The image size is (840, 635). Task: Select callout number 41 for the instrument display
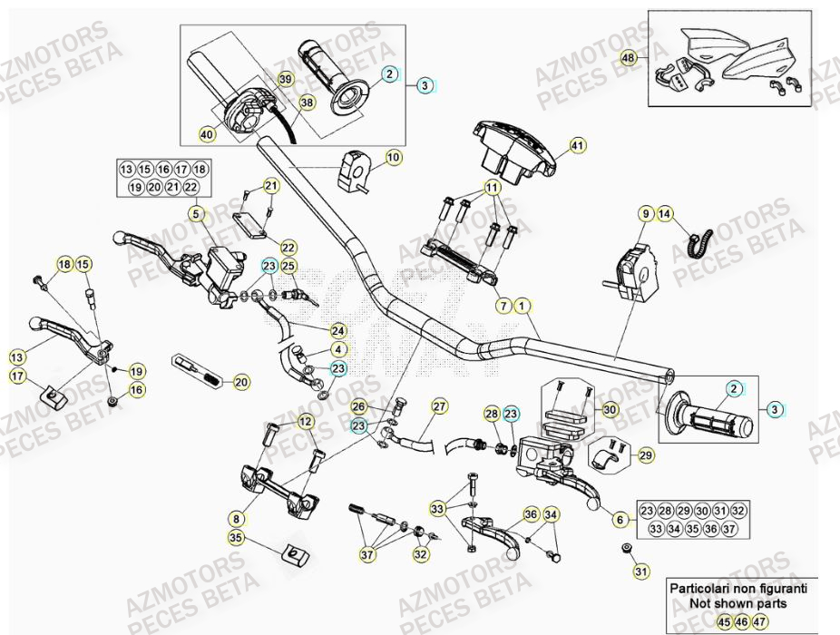point(578,145)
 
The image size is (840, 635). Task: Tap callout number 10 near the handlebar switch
point(393,158)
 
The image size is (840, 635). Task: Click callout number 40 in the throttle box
point(208,134)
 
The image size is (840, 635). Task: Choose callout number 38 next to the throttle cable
point(307,103)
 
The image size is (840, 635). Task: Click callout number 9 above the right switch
point(646,214)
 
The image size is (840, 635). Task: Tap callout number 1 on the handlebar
point(523,307)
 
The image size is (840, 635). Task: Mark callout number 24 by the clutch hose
point(337,330)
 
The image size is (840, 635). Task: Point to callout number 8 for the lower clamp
point(236,520)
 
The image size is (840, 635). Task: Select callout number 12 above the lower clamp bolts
point(305,421)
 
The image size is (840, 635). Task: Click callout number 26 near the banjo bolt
point(359,406)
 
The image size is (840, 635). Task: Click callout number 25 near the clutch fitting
point(288,266)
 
